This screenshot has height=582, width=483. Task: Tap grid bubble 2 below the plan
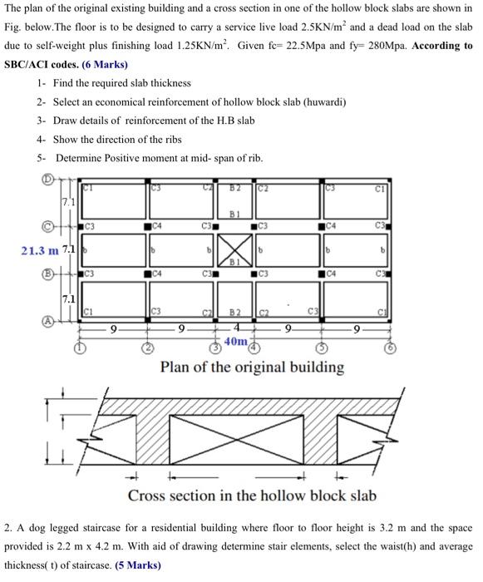pos(147,348)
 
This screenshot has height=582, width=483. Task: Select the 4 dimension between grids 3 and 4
pos(237,328)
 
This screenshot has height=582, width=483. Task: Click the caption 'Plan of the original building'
pos(252,367)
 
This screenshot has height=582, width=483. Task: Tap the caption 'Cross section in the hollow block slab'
pos(251,496)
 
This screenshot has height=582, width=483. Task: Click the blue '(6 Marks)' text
pos(105,64)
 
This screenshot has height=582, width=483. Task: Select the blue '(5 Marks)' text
pos(138,565)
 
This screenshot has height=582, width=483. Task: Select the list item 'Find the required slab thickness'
pos(121,83)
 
